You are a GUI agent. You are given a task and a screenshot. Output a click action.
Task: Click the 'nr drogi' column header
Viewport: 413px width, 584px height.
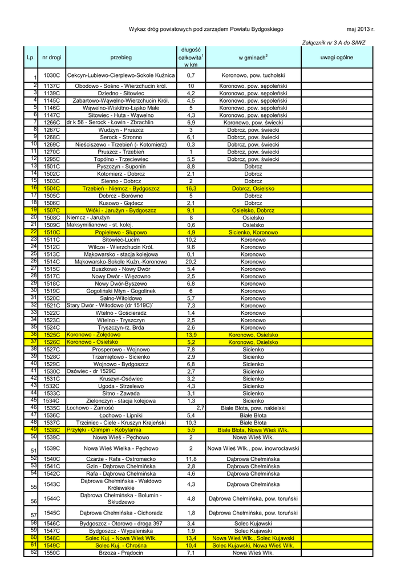[52, 58]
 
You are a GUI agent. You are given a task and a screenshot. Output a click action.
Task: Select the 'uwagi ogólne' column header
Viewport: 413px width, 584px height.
[337, 58]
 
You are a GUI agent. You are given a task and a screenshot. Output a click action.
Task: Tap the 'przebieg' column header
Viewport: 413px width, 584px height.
[121, 58]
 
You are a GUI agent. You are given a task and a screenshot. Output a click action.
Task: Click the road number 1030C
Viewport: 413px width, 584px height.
[52, 75]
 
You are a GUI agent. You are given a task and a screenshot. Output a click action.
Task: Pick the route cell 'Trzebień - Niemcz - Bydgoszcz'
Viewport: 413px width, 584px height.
[121, 188]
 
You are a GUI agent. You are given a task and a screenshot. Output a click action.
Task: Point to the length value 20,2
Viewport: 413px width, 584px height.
[191, 262]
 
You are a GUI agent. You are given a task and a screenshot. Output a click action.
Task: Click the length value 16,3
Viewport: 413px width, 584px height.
[191, 188]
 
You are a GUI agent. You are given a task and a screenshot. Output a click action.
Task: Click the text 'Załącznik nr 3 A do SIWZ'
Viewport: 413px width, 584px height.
[333, 43]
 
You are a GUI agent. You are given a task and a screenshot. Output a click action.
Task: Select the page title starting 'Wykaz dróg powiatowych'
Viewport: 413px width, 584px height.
[206, 29]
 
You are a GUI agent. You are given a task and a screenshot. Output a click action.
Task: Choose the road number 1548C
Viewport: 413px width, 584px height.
[52, 538]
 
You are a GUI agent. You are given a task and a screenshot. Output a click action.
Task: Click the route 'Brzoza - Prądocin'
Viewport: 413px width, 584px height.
[121, 553]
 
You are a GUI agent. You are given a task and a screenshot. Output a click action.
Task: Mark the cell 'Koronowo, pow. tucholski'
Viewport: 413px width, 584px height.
[253, 75]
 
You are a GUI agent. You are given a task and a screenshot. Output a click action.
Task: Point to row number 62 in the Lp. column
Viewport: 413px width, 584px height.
[34, 552]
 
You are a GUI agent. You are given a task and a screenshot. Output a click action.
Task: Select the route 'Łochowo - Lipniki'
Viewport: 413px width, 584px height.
[121, 416]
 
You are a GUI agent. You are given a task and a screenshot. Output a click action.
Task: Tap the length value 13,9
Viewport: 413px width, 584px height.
[191, 335]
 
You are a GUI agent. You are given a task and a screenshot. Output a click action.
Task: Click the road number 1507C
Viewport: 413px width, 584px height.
[52, 210]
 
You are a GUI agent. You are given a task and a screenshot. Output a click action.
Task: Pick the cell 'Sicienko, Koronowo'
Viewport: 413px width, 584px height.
[253, 233]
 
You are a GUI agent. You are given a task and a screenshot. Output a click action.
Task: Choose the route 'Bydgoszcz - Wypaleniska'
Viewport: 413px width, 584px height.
[121, 530]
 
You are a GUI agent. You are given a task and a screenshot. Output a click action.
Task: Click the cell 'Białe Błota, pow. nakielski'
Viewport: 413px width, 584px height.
[253, 408]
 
